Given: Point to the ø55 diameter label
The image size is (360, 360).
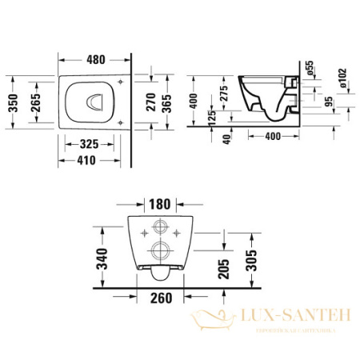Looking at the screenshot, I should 310,68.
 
